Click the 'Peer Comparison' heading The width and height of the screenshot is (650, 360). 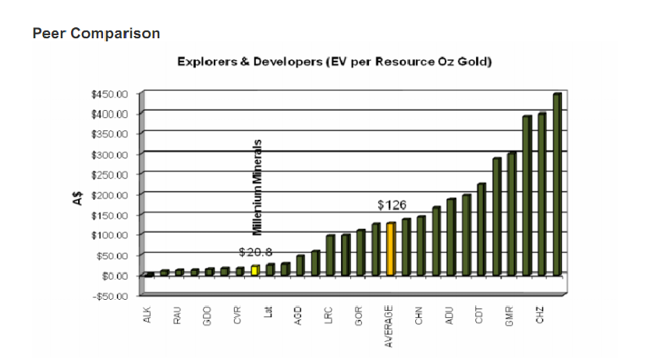click(97, 34)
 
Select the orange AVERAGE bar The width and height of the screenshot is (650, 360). click(390, 249)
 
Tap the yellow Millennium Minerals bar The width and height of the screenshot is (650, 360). click(254, 270)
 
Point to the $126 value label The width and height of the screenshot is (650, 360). click(392, 205)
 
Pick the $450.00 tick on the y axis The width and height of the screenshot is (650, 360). click(109, 94)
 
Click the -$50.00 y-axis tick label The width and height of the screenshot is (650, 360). click(109, 296)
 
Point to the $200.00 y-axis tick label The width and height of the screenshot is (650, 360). click(109, 194)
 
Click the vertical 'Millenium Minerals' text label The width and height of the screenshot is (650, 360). click(256, 187)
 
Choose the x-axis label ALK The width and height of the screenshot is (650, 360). click(147, 315)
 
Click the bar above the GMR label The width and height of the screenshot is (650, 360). click(512, 215)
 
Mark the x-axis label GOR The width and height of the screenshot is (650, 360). click(360, 315)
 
